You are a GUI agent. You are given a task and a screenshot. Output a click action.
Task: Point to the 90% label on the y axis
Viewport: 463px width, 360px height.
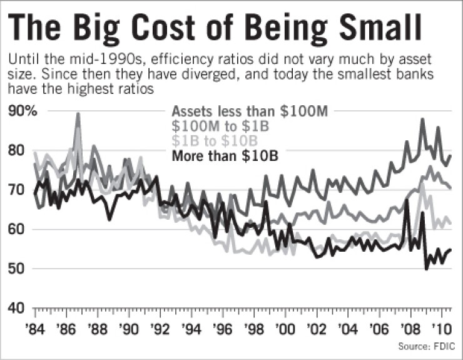click(x=23, y=111)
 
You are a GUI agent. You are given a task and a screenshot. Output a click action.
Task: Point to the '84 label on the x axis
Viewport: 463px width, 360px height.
click(x=34, y=328)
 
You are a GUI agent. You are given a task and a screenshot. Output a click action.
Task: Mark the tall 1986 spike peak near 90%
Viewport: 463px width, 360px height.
click(x=78, y=115)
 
